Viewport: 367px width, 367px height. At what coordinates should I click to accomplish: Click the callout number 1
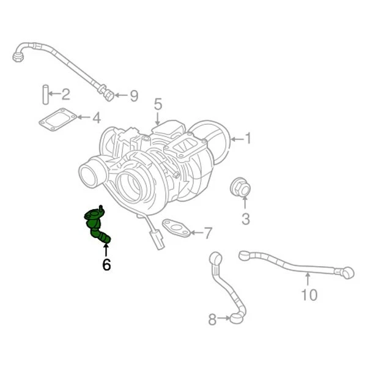(x=249, y=138)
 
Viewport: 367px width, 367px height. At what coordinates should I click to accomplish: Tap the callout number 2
(x=65, y=94)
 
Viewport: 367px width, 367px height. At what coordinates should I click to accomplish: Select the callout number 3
(x=245, y=218)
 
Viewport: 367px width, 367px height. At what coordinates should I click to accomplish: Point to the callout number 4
(x=96, y=117)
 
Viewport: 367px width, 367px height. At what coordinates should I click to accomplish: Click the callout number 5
(x=157, y=104)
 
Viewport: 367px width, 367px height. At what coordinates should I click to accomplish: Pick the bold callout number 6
(x=106, y=265)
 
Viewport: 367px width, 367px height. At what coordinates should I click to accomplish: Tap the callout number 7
(x=208, y=233)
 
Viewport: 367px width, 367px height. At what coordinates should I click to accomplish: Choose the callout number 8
(x=212, y=319)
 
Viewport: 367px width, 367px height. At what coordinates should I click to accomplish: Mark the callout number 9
(x=134, y=96)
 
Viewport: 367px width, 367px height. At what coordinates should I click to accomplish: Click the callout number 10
(x=310, y=295)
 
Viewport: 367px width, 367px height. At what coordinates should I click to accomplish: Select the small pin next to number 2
(x=45, y=94)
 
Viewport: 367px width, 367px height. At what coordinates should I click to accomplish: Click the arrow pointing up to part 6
(x=106, y=250)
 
